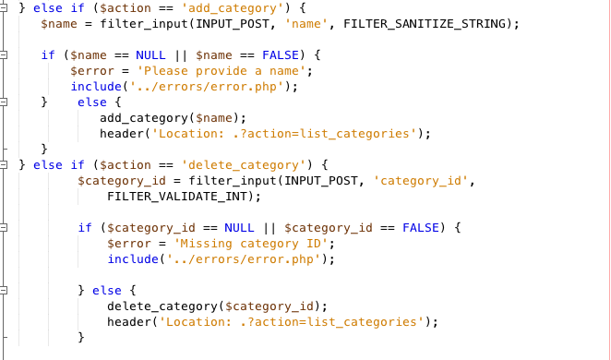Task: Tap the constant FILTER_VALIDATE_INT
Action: pos(184,196)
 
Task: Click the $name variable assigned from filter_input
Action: pos(60,23)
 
